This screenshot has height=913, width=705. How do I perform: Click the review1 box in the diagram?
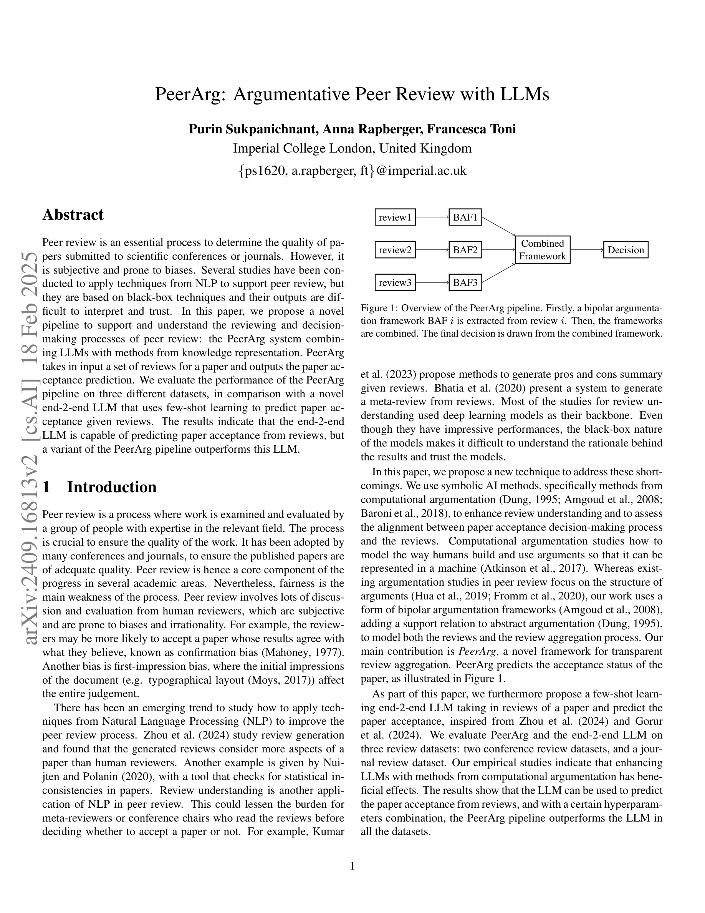(x=395, y=217)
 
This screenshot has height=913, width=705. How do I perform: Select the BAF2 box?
(x=465, y=250)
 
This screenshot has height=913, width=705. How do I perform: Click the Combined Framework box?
(x=542, y=250)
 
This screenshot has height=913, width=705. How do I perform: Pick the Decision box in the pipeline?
(x=625, y=250)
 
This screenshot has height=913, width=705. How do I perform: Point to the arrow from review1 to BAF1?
(x=432, y=217)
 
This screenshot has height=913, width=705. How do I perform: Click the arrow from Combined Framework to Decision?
(x=586, y=250)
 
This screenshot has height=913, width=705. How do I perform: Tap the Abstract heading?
(x=73, y=215)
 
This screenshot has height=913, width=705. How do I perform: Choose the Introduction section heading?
(x=111, y=487)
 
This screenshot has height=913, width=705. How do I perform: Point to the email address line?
(x=352, y=171)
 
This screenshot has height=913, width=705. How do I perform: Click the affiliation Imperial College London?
(x=299, y=148)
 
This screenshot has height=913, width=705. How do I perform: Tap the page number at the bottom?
(x=352, y=866)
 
